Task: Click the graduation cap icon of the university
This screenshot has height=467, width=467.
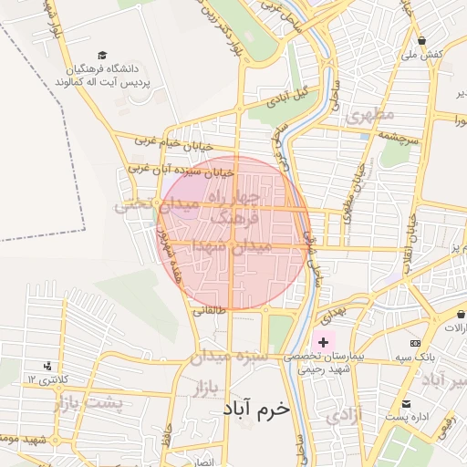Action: click(x=102, y=56)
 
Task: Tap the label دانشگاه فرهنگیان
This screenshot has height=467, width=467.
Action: click(x=104, y=68)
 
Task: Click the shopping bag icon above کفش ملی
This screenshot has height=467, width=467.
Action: click(x=422, y=40)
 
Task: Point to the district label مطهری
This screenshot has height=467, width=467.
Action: click(x=369, y=115)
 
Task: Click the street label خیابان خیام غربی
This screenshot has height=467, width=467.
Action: click(x=173, y=144)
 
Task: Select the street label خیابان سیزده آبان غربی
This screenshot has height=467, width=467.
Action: click(x=181, y=170)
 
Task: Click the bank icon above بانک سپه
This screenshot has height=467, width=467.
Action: click(x=416, y=344)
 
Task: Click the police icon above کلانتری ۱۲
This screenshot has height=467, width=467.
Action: click(x=47, y=366)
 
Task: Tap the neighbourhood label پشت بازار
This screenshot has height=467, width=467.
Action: click(x=88, y=402)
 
